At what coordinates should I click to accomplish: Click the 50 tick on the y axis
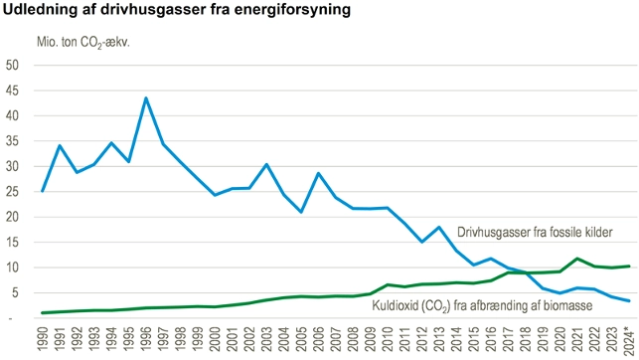[13, 65]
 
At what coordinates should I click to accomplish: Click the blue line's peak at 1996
[146, 98]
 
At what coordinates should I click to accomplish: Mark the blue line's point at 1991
[60, 146]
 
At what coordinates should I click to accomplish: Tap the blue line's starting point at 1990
[42, 191]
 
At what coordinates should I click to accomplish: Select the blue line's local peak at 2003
[266, 164]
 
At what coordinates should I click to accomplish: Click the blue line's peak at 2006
[318, 173]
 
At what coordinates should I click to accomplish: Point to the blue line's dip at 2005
[301, 212]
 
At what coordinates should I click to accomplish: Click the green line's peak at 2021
[577, 259]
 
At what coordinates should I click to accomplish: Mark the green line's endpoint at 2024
[629, 266]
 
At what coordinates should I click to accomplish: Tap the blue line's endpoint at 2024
[629, 300]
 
